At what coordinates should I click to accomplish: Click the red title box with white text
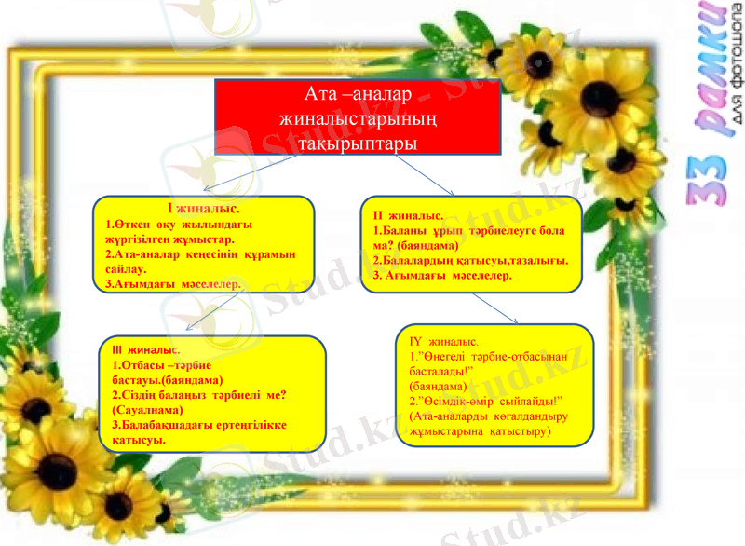(358, 117)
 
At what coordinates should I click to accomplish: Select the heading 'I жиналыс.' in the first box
(203, 210)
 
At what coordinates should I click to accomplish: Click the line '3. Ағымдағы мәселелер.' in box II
(442, 275)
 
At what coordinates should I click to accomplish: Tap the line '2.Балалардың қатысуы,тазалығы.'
(470, 260)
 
